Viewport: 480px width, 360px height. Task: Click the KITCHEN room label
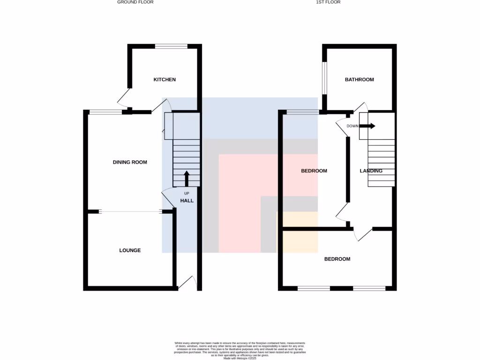coord(165,80)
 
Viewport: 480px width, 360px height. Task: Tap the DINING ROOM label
coord(130,162)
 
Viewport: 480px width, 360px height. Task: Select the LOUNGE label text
coord(130,250)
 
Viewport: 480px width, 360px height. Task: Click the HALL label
coord(187,201)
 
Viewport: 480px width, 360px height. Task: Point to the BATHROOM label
coord(360,80)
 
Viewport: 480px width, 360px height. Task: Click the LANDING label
coord(371,171)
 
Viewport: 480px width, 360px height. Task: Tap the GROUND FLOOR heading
coord(135,2)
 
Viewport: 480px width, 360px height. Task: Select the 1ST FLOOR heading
coord(328,2)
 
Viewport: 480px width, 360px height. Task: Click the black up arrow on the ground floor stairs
coord(187,179)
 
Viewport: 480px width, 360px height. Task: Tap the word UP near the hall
coord(187,193)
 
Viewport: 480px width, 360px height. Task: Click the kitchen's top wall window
coord(172,46)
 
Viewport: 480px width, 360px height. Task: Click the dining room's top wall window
coord(105,112)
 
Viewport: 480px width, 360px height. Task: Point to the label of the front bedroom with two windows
coord(337,259)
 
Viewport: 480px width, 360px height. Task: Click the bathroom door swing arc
coord(361,106)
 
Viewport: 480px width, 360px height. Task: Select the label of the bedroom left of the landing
coord(314,171)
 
